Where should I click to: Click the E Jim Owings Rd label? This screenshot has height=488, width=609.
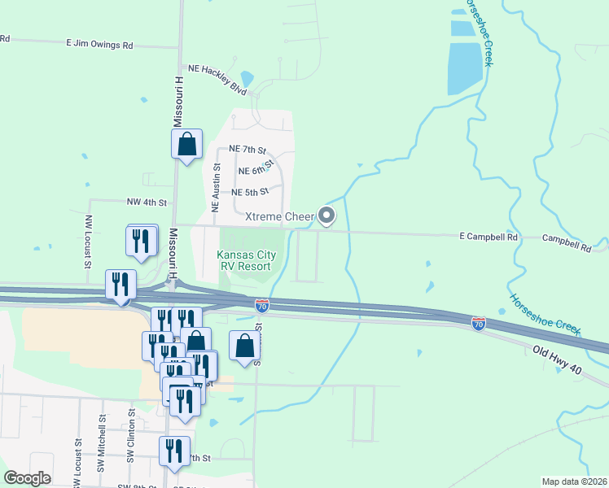point(99,46)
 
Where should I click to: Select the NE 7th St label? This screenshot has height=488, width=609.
point(248,150)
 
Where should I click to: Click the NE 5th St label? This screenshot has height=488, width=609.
point(250,192)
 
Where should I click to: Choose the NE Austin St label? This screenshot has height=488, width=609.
point(217,188)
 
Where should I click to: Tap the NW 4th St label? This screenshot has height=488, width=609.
point(147,202)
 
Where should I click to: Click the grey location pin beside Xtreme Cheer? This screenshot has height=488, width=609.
point(326,216)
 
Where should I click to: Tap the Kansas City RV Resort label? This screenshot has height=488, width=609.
point(246,260)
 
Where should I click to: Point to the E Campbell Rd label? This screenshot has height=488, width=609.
point(489,237)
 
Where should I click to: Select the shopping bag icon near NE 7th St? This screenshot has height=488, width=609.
point(186,145)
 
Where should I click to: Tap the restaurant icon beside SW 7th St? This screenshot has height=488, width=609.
point(174,451)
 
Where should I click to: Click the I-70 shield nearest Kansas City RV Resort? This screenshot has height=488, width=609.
point(261,306)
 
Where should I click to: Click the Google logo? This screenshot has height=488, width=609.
point(27,478)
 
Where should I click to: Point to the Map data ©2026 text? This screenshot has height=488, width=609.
point(574,481)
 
